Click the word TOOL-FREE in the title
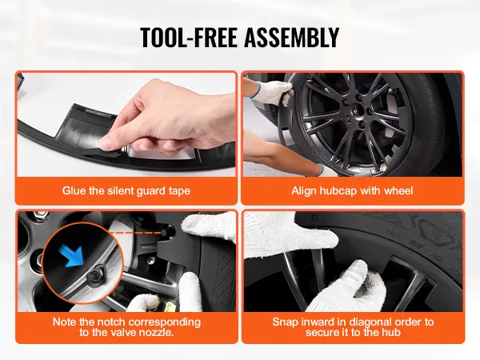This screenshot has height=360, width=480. coord(189,37)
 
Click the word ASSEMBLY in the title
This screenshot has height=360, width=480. coord(292,37)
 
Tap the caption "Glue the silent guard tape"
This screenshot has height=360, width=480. coord(126,190)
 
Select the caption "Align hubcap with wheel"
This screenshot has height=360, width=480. coord(352,190)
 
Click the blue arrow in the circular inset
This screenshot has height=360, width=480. coord(73,254)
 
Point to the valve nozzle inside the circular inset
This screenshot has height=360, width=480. coord(92,276)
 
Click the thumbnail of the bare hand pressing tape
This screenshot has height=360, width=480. coord(126,124)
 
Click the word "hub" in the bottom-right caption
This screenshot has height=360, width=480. coord(391,332)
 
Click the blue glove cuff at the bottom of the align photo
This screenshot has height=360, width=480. coord(322,169)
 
